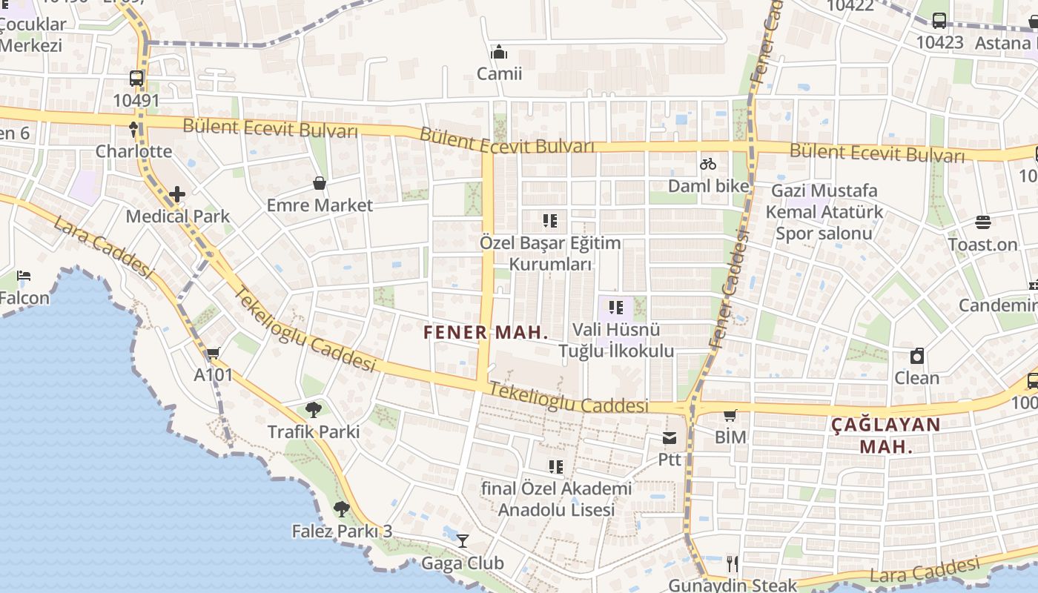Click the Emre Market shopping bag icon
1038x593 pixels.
click(x=320, y=183)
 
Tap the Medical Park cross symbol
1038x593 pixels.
click(x=177, y=195)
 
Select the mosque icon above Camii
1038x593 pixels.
click(x=499, y=53)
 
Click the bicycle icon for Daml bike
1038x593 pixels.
click(x=708, y=164)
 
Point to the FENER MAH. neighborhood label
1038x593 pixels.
click(x=486, y=332)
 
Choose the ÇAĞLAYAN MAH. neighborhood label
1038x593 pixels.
click(x=885, y=435)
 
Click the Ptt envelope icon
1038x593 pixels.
click(x=670, y=438)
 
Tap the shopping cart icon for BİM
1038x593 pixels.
click(x=730, y=415)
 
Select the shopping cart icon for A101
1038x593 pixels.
click(x=214, y=354)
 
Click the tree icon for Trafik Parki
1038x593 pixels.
click(x=314, y=409)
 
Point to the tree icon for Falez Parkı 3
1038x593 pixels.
click(x=341, y=509)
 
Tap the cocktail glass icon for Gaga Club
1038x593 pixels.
click(x=463, y=541)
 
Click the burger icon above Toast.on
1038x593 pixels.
click(x=983, y=222)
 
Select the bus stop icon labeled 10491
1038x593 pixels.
click(x=136, y=78)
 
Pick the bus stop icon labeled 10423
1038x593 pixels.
click(x=939, y=21)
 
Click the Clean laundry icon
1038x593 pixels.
click(x=917, y=356)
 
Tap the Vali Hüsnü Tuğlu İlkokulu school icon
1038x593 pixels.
click(x=615, y=307)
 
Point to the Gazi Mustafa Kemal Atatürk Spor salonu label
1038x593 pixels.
click(x=824, y=212)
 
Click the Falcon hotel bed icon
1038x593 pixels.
click(x=24, y=276)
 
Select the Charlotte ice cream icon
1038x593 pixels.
click(x=133, y=130)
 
